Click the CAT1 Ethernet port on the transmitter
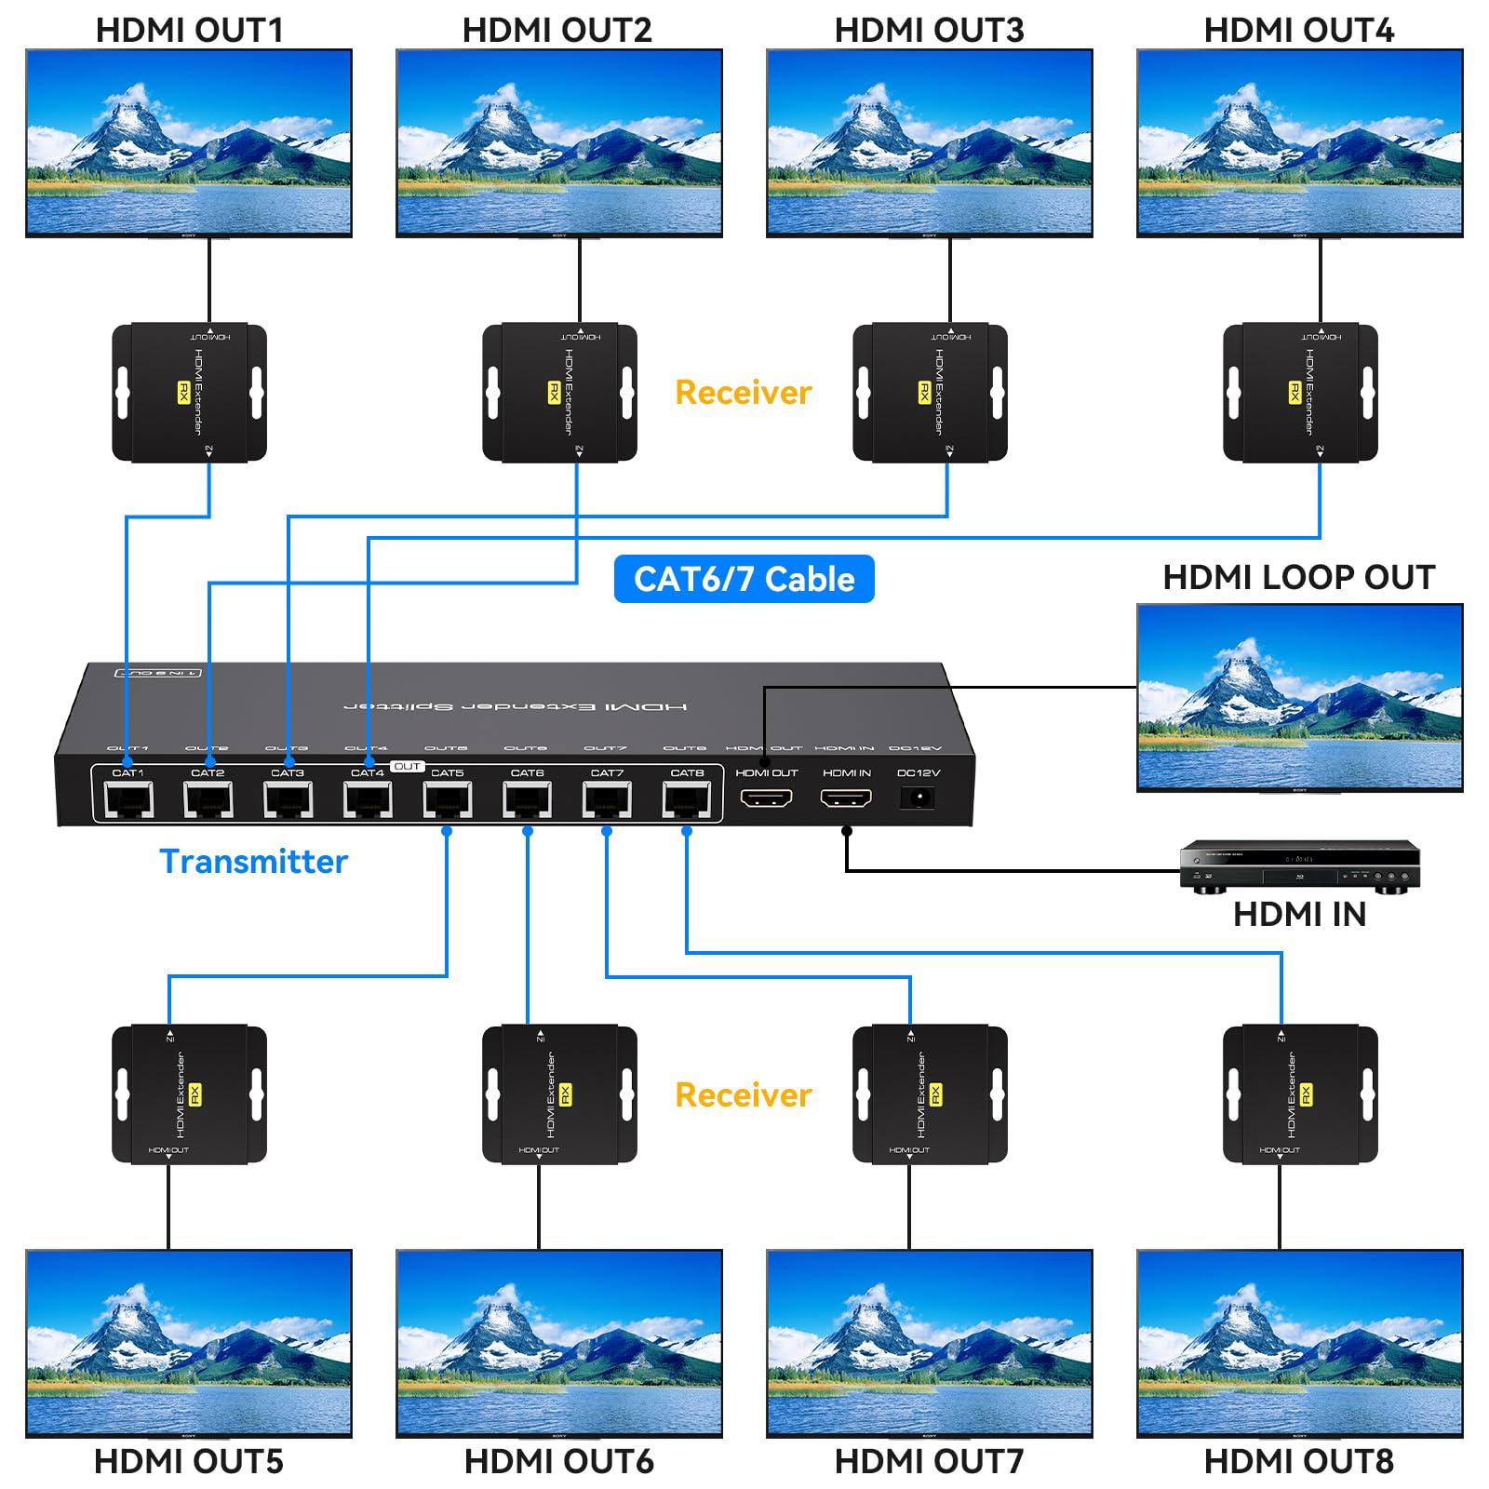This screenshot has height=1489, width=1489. click(x=127, y=799)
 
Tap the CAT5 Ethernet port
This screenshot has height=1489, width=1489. click(x=448, y=799)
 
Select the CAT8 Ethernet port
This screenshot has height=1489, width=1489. click(x=687, y=799)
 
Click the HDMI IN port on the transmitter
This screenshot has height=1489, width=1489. click(x=846, y=798)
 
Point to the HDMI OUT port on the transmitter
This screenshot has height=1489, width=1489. click(x=766, y=798)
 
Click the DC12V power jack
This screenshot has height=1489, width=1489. click(x=919, y=798)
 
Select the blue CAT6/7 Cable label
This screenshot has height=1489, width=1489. click(x=744, y=579)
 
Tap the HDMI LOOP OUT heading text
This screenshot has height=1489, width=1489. click(x=1299, y=578)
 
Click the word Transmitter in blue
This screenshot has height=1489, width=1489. click(x=253, y=862)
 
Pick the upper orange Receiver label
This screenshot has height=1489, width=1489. click(x=743, y=393)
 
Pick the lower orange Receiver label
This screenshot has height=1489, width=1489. click(x=743, y=1095)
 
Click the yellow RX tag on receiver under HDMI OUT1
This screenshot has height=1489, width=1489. click(x=183, y=393)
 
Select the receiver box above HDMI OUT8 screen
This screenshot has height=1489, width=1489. click(x=1300, y=1094)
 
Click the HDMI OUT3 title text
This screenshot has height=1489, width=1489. click(x=929, y=30)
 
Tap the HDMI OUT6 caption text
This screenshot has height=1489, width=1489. click(x=558, y=1462)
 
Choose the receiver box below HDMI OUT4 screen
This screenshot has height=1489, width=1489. click(x=1300, y=393)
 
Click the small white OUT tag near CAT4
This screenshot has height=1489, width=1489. click(x=407, y=767)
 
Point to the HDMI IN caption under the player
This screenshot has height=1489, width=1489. click(x=1299, y=915)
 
